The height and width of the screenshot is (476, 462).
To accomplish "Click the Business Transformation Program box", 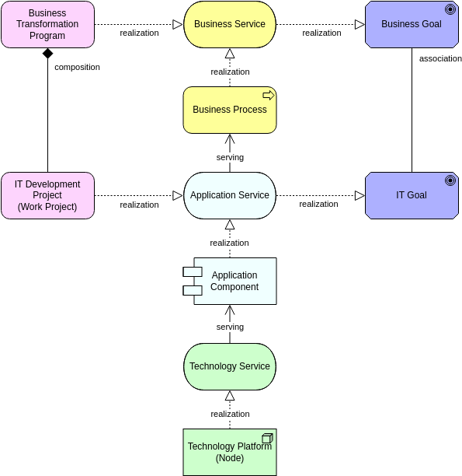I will click(x=47, y=24).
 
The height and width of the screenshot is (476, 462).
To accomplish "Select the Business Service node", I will click(x=229, y=24).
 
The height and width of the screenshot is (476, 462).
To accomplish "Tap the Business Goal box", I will click(x=411, y=24).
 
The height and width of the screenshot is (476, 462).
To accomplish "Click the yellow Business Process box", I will click(x=229, y=110).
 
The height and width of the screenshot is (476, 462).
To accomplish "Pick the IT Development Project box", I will click(x=47, y=195).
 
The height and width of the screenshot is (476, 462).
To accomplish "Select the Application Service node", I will click(x=229, y=195).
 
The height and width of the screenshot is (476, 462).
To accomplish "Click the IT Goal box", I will click(x=411, y=195).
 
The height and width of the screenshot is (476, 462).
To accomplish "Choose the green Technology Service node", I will click(x=229, y=366).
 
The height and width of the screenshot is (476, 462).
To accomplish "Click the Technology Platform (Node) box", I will click(x=229, y=452).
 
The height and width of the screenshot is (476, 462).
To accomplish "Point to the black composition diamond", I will click(x=47, y=54).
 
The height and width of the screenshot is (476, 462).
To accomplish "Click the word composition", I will click(x=77, y=67).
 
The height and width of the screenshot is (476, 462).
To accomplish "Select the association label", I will click(x=440, y=58).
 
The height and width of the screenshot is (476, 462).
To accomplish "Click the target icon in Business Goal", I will click(x=450, y=9).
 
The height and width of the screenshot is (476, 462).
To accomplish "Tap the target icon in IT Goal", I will click(x=450, y=180).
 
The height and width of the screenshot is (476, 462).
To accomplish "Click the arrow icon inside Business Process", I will click(x=269, y=95).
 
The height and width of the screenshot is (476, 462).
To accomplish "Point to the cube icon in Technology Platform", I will click(x=267, y=438).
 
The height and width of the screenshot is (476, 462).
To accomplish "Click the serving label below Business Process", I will click(x=230, y=157).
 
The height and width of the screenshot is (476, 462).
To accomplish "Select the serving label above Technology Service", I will click(x=230, y=327).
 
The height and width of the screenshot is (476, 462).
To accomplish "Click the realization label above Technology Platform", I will click(x=230, y=414).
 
